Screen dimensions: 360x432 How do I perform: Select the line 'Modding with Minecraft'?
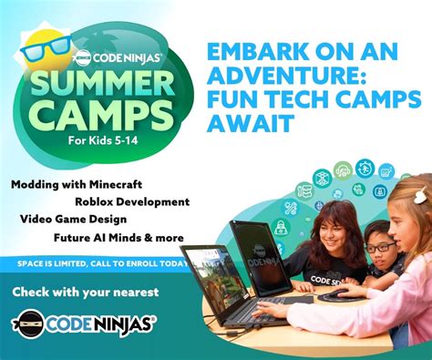tap(64, 184)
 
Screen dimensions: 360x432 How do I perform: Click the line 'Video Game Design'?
tap(72, 220)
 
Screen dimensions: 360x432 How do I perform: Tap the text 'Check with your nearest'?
tap(86, 292)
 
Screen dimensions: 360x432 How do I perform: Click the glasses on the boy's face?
tap(380, 247)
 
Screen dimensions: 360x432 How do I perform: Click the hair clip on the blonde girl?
tap(420, 196)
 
